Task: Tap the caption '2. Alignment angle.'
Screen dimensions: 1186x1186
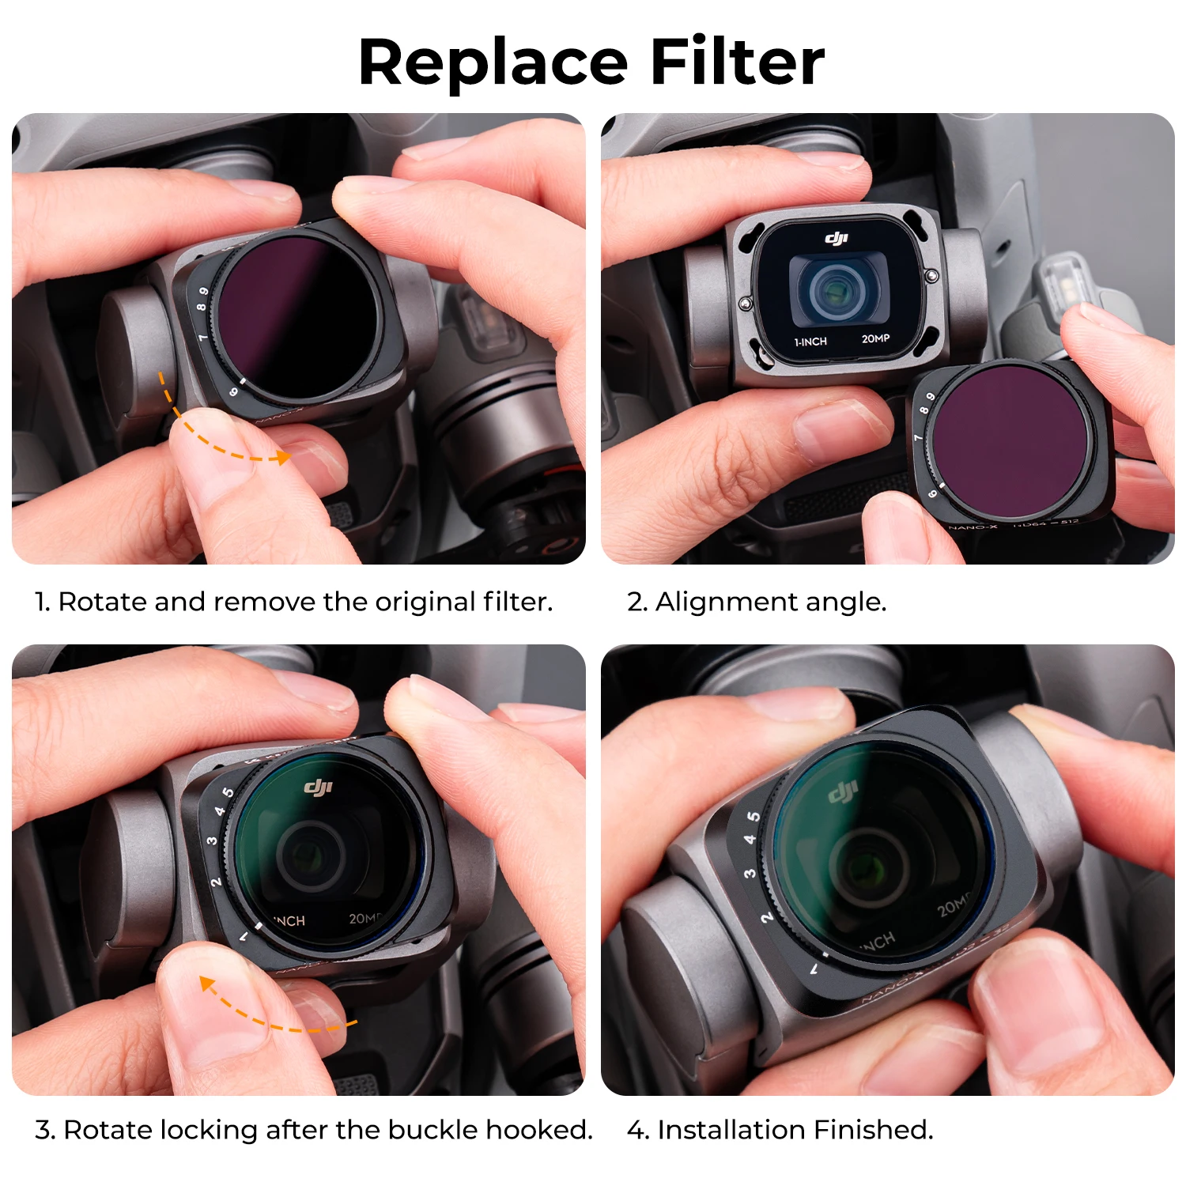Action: [x=756, y=602]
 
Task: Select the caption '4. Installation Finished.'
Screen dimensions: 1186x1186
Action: [x=780, y=1130]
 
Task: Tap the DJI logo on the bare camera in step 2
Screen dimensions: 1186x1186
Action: [x=837, y=237]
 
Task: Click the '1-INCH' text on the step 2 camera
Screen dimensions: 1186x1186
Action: [x=810, y=342]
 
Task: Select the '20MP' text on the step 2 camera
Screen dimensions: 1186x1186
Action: [x=875, y=338]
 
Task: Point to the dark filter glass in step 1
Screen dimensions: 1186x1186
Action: [x=296, y=316]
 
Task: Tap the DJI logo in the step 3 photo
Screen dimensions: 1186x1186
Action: [x=319, y=787]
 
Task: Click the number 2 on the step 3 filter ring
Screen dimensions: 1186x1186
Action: [x=216, y=882]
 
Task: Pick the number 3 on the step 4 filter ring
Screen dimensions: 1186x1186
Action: [x=749, y=873]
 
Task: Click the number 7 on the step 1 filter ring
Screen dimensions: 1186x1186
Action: [x=203, y=338]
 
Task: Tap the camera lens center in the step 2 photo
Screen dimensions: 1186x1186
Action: [x=834, y=291]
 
